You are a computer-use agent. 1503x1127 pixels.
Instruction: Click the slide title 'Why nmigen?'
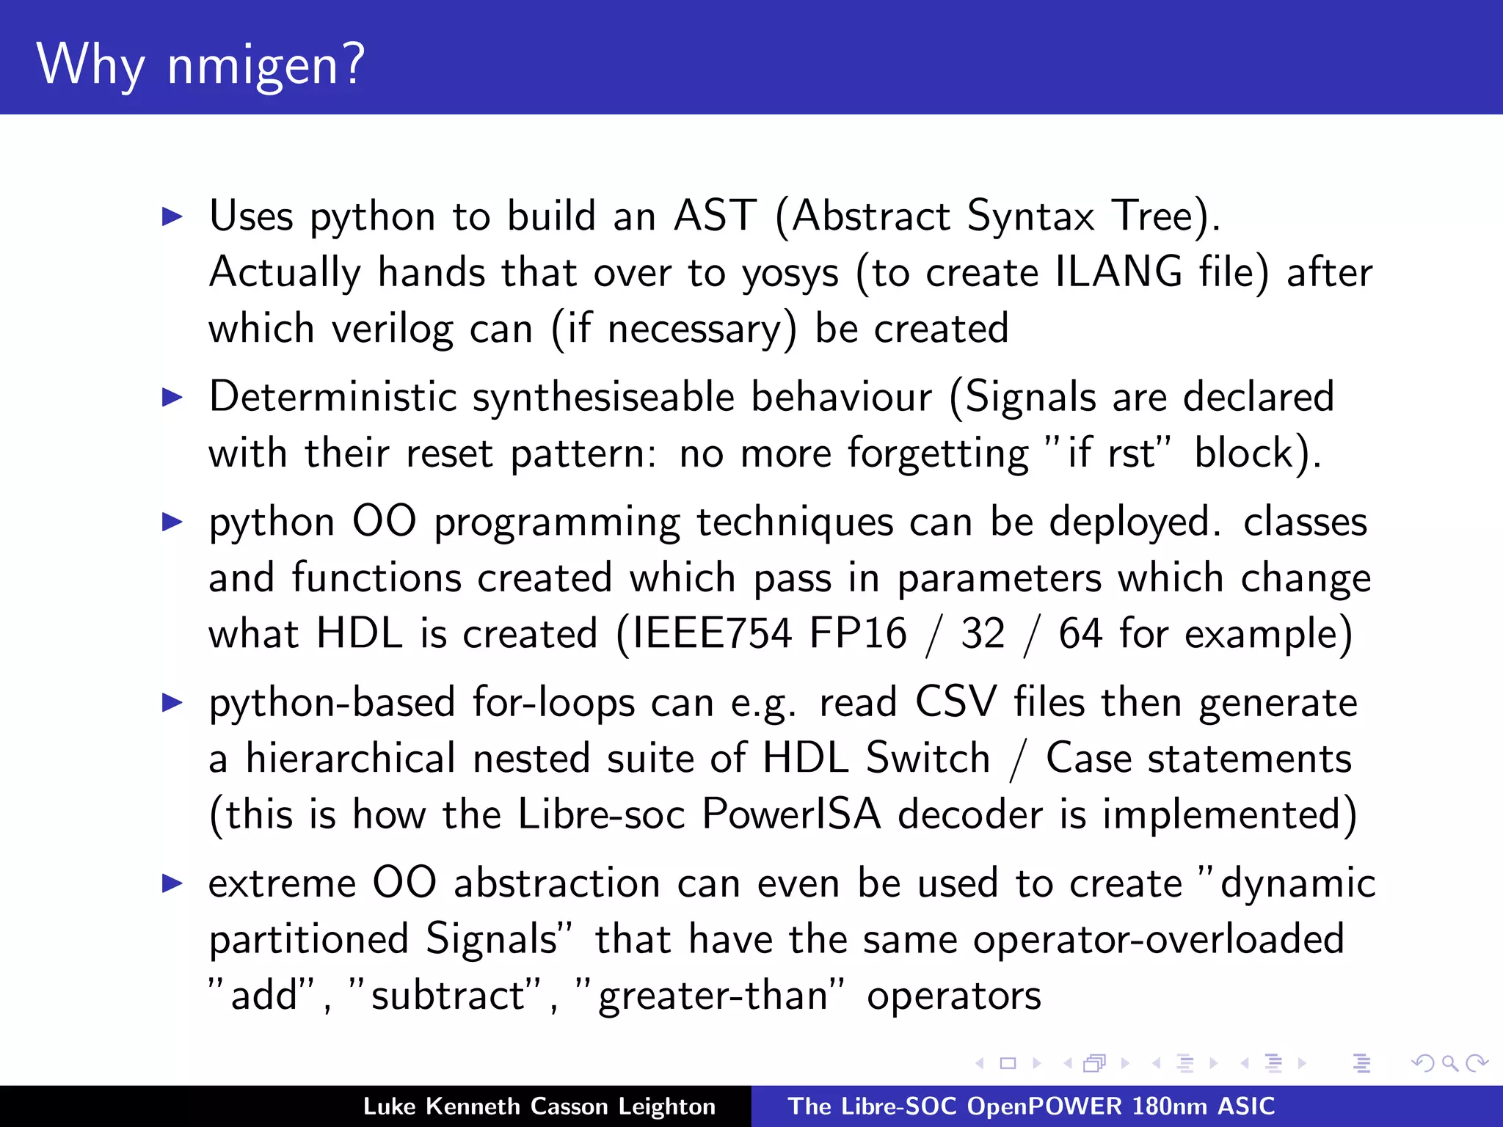[200, 65]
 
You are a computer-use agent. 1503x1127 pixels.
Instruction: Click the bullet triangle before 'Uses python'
[172, 216]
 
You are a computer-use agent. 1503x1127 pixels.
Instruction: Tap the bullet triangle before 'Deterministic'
[172, 398]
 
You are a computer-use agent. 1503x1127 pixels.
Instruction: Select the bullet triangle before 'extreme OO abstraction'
[172, 883]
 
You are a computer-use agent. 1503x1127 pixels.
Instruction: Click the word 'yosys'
[790, 273]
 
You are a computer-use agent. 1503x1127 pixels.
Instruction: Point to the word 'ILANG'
[1118, 271]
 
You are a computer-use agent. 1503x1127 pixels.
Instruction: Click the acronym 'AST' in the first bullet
[715, 216]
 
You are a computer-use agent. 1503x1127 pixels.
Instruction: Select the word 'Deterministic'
[333, 397]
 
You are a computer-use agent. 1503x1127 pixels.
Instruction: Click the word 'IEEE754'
[711, 633]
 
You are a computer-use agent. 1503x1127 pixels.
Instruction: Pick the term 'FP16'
[858, 633]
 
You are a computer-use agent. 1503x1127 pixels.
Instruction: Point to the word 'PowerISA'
[790, 814]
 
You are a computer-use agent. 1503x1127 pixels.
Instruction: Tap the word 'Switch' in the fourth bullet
[928, 758]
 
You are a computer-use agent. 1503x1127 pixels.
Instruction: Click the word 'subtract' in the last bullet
[448, 996]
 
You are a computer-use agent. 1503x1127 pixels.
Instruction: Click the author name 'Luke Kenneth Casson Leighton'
[539, 1106]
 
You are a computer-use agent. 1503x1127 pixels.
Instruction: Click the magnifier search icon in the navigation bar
[1449, 1063]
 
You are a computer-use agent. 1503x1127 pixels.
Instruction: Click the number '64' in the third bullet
[1080, 633]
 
